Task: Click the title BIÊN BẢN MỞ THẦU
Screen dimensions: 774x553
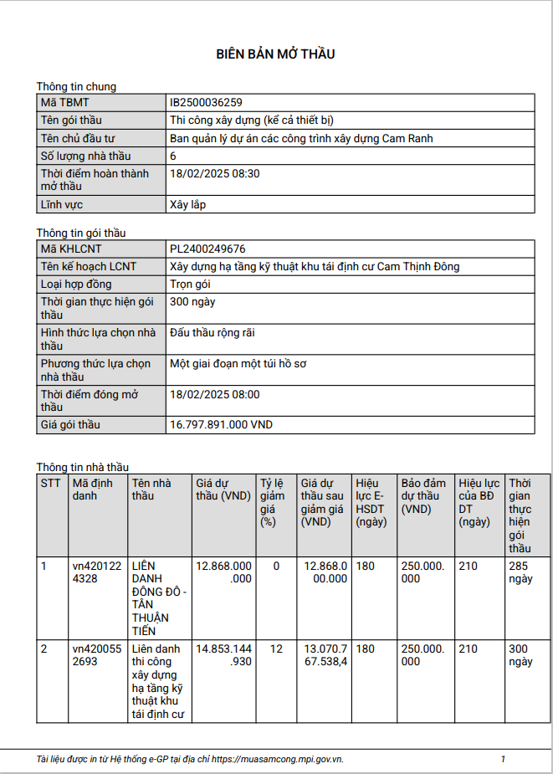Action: [276, 54]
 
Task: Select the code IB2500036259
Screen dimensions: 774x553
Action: [206, 102]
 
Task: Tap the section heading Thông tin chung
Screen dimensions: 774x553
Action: [76, 86]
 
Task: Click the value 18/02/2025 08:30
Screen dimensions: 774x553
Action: [214, 173]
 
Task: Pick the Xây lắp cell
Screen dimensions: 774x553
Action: [187, 203]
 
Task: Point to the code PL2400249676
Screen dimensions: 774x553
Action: [207, 249]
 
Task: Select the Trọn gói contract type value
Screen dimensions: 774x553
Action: [190, 284]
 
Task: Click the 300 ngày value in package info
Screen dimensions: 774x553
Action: [192, 302]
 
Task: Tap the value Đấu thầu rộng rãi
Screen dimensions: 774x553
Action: [212, 333]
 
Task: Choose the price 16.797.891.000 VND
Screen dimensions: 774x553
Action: [221, 424]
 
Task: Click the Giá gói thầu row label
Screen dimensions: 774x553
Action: [70, 424]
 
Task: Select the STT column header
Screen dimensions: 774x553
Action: [50, 483]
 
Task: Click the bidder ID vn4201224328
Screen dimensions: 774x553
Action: [95, 572]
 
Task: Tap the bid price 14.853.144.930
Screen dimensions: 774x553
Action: [223, 655]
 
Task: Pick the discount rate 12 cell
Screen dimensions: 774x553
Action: [276, 649]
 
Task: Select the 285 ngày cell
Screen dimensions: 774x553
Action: [520, 572]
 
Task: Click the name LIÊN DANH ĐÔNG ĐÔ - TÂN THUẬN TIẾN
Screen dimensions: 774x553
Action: [159, 598]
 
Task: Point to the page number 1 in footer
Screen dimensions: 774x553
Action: [503, 759]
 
